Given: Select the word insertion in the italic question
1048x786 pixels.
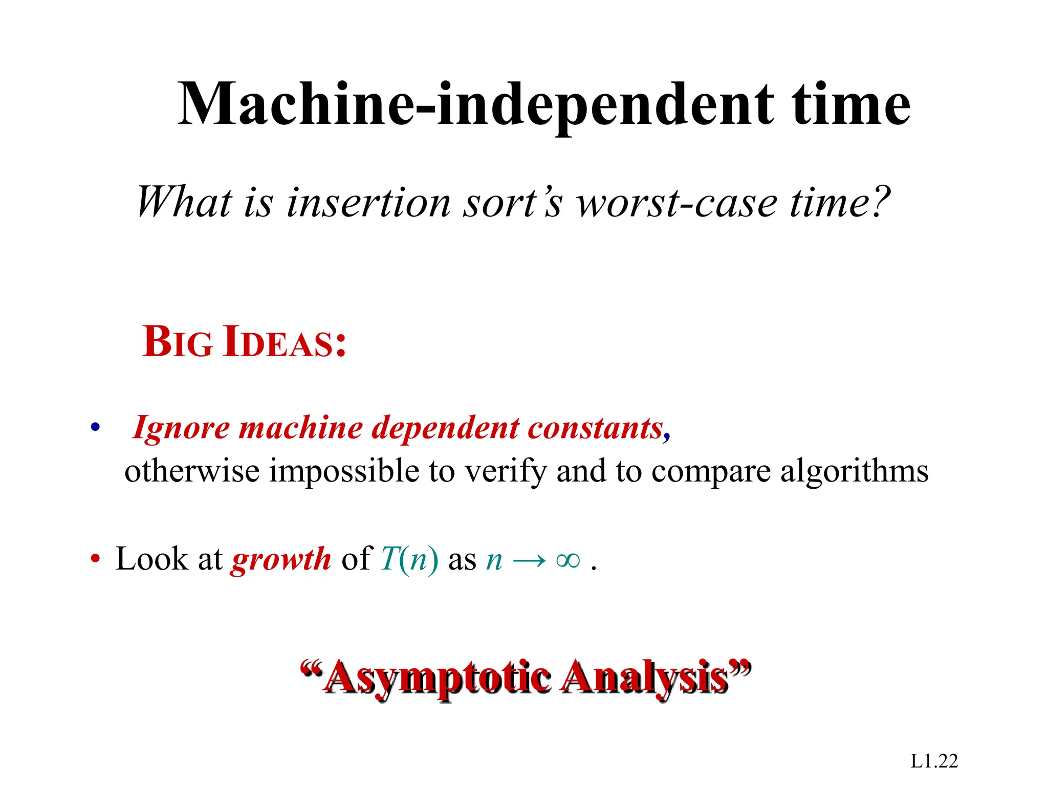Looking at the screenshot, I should pos(368,203).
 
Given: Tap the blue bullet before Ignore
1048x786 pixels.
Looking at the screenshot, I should pos(95,427).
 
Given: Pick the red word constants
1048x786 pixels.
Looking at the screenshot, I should pos(596,427).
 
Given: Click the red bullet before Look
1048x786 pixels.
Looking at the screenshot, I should pos(95,558).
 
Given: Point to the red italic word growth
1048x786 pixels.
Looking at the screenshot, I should pos(281,559).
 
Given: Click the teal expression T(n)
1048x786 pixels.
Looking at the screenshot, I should pos(409,558).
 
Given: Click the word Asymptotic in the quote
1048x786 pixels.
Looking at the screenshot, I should pos(438,678).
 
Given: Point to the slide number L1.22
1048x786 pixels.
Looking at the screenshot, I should pos(934,761).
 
